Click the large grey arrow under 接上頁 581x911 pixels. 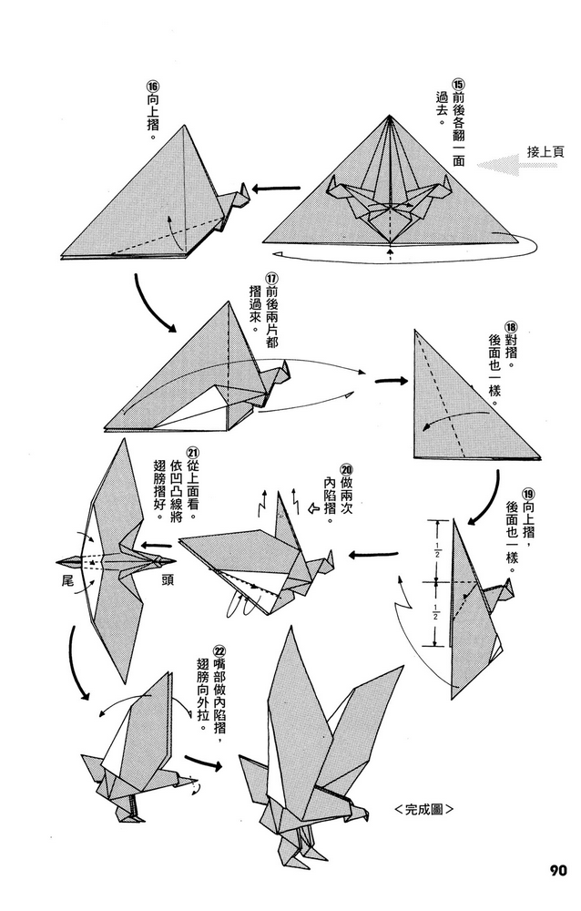pyautogui.click(x=510, y=167)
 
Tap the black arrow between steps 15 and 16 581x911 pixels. pyautogui.click(x=278, y=189)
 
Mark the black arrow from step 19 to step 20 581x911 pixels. pyautogui.click(x=374, y=552)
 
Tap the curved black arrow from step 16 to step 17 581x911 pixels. pyautogui.click(x=155, y=300)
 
